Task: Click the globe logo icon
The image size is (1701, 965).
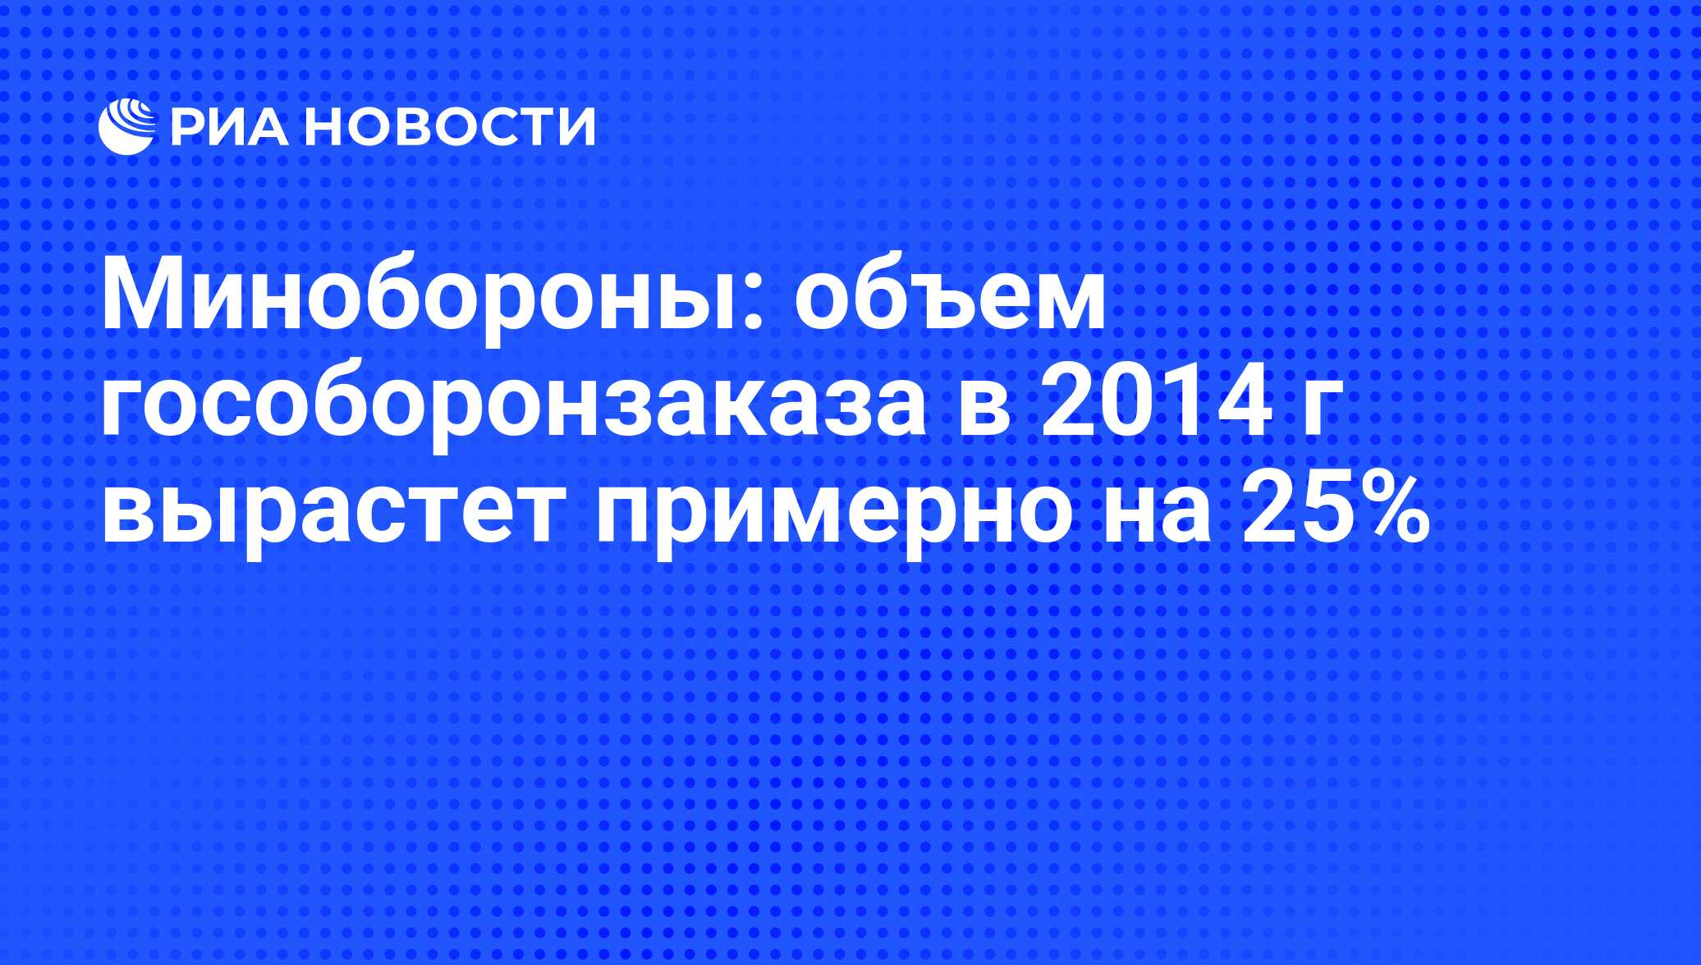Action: [x=127, y=126]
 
